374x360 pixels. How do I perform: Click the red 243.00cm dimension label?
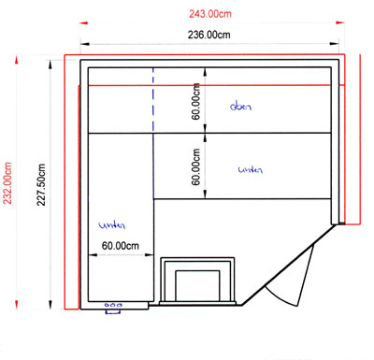(210, 14)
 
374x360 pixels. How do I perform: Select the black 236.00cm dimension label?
(209, 35)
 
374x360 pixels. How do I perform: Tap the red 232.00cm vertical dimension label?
(7, 183)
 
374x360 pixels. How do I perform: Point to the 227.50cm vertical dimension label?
(41, 185)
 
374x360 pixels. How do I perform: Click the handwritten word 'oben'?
(240, 107)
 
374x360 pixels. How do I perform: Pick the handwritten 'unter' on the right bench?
(251, 170)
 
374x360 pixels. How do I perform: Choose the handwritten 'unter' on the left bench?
(112, 225)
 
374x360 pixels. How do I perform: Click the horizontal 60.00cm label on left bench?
(121, 246)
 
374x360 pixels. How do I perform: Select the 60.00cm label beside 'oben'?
(195, 101)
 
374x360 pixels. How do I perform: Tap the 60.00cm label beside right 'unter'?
(195, 166)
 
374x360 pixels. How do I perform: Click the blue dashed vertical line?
(153, 100)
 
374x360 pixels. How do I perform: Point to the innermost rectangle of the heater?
(197, 286)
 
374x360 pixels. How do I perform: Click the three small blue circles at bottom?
(113, 305)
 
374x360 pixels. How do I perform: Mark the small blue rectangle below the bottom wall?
(113, 311)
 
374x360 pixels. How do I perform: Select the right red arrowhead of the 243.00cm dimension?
(340, 22)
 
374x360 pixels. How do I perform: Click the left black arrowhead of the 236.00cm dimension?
(85, 44)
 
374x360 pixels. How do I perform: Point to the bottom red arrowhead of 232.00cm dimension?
(17, 304)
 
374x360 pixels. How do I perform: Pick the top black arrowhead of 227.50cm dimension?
(50, 65)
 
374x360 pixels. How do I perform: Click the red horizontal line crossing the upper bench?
(209, 85)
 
